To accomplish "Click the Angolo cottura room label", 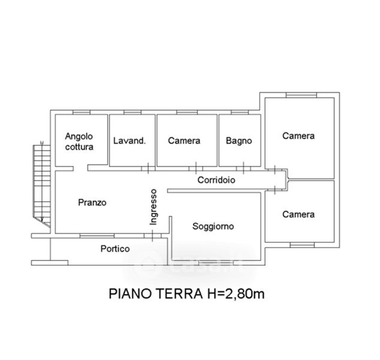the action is click(x=79, y=142).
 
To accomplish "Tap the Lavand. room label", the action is click(x=129, y=141).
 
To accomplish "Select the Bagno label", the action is click(x=239, y=141).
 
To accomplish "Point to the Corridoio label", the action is click(x=216, y=180).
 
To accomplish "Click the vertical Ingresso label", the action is click(x=153, y=207).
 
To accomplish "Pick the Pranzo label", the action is click(x=92, y=202).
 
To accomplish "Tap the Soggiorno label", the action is click(x=213, y=226).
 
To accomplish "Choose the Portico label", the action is click(x=115, y=248).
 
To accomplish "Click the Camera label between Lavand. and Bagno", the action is click(x=184, y=141).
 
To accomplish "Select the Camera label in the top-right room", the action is click(x=298, y=136).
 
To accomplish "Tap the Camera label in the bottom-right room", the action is click(x=298, y=214).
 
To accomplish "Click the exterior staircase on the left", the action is click(x=42, y=185).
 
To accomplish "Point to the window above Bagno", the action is click(x=240, y=112).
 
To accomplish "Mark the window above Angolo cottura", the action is click(x=82, y=112).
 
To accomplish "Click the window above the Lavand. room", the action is click(x=132, y=112).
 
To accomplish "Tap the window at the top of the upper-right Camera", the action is click(x=301, y=95).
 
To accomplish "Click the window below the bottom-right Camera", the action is click(x=302, y=245).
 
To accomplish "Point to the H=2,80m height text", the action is click(x=236, y=294).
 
